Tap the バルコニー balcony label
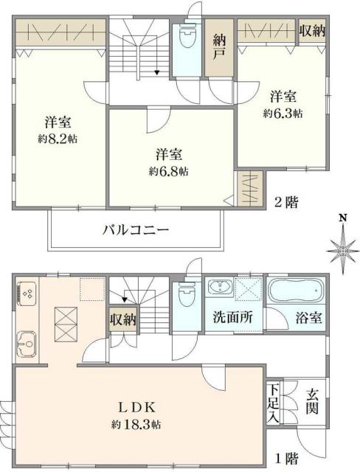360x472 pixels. click(x=136, y=230)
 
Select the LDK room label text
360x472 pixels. click(x=138, y=408)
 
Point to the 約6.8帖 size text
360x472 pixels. click(x=167, y=171)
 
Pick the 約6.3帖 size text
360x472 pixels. click(x=283, y=114)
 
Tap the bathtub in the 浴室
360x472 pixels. click(x=295, y=293)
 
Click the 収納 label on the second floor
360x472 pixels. click(x=314, y=30)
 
